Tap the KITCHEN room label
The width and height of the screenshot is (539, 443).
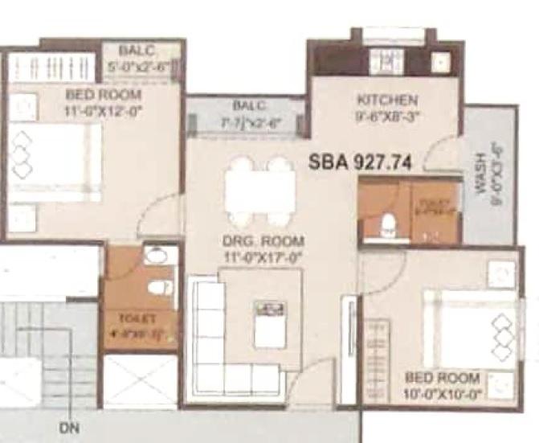pyautogui.click(x=387, y=100)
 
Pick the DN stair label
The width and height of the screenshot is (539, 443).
pyautogui.click(x=68, y=428)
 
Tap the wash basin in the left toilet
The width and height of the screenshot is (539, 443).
pyautogui.click(x=159, y=256)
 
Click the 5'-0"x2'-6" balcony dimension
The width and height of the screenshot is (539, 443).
pyautogui.click(x=142, y=68)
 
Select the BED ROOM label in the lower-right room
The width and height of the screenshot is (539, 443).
pyautogui.click(x=443, y=378)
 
